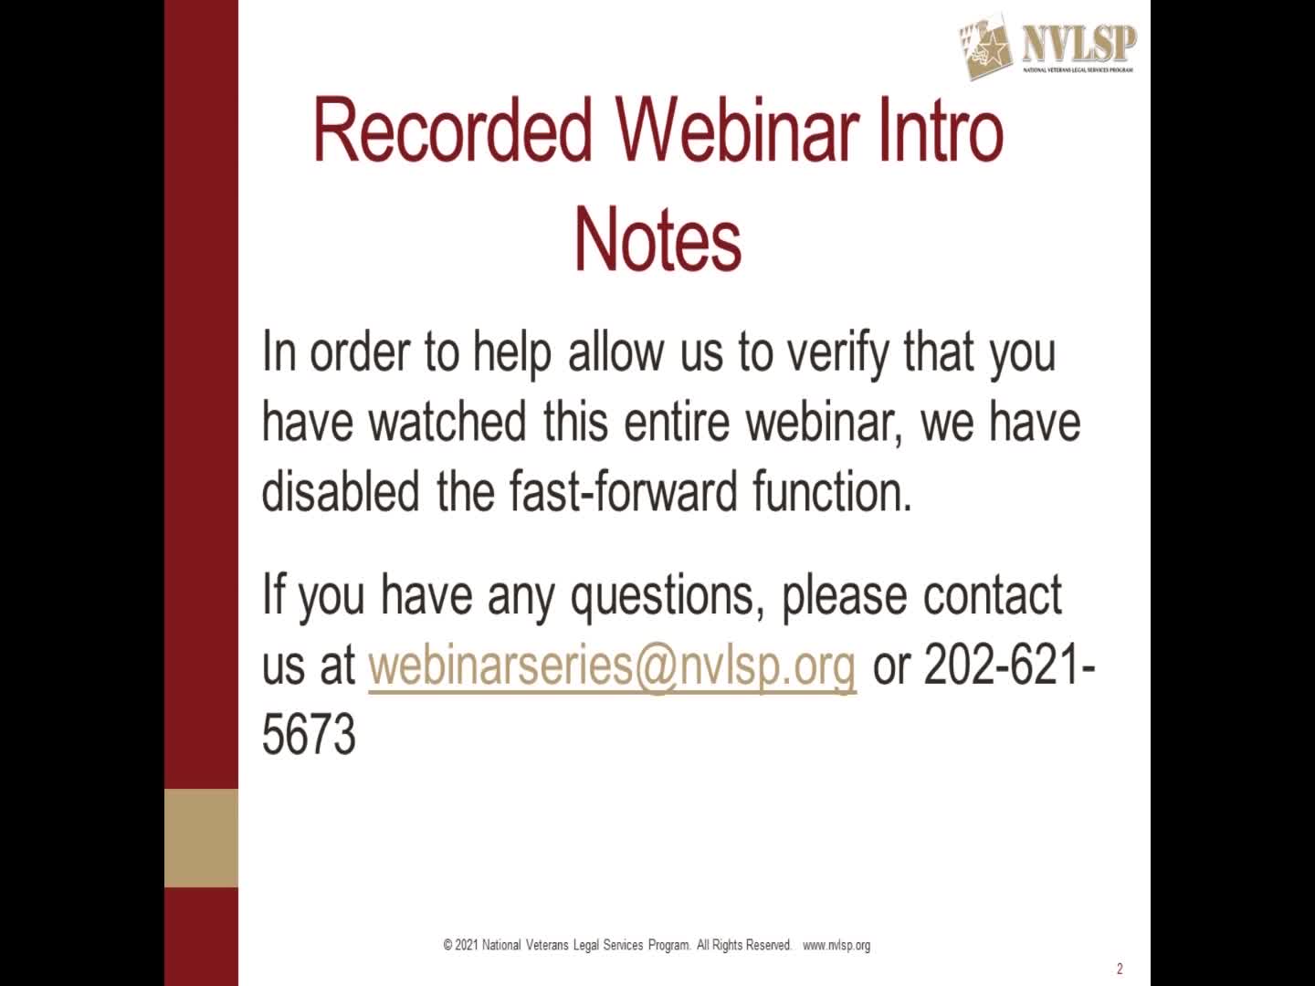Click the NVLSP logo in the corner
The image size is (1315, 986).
tap(1047, 47)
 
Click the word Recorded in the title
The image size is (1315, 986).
tap(452, 131)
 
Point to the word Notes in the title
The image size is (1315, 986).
tap(657, 239)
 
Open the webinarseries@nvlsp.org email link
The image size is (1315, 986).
tap(612, 666)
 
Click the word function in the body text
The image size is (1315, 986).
tap(831, 491)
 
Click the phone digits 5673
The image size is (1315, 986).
tap(309, 735)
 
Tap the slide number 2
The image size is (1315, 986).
tap(1120, 969)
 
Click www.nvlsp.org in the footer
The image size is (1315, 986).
tap(836, 946)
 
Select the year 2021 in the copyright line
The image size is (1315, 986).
tap(466, 946)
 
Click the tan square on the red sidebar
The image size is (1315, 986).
tap(201, 838)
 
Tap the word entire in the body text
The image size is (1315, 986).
tap(677, 422)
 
